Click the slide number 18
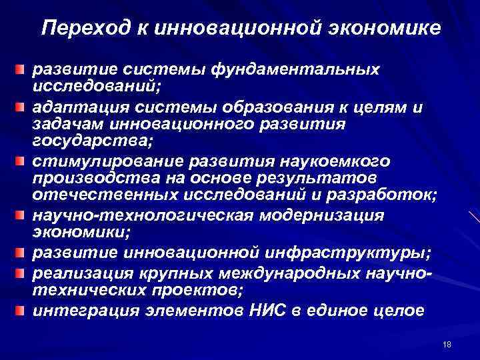pyautogui.click(x=447, y=343)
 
